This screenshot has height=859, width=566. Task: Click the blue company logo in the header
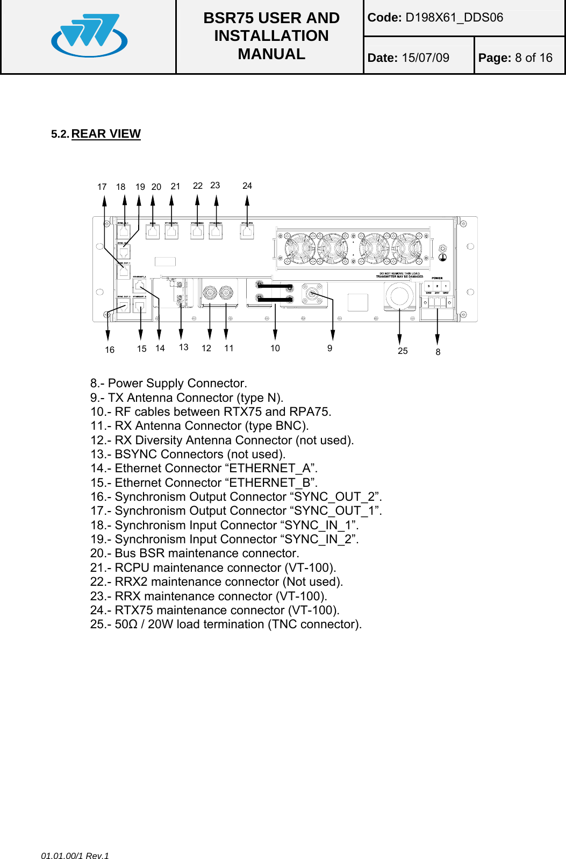point(89,36)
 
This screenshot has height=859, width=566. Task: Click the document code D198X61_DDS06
point(454,18)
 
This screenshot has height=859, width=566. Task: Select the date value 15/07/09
point(425,58)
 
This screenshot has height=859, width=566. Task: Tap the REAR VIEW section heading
point(106,134)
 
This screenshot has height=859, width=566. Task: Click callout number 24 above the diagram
point(247,186)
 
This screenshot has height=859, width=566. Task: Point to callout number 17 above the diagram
point(102,187)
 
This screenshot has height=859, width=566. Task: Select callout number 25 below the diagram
point(403,351)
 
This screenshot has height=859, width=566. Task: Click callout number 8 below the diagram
point(438,352)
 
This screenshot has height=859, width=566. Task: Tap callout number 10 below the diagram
point(275,349)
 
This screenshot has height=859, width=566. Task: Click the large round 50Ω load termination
point(399,296)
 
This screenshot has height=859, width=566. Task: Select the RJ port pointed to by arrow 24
point(247,232)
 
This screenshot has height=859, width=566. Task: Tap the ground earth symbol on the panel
point(442,258)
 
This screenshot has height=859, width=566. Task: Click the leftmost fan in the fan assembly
point(299,249)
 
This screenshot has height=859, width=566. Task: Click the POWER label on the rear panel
point(437,279)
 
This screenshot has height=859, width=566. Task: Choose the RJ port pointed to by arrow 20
point(153,232)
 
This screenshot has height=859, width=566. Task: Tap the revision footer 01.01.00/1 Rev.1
point(75,856)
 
